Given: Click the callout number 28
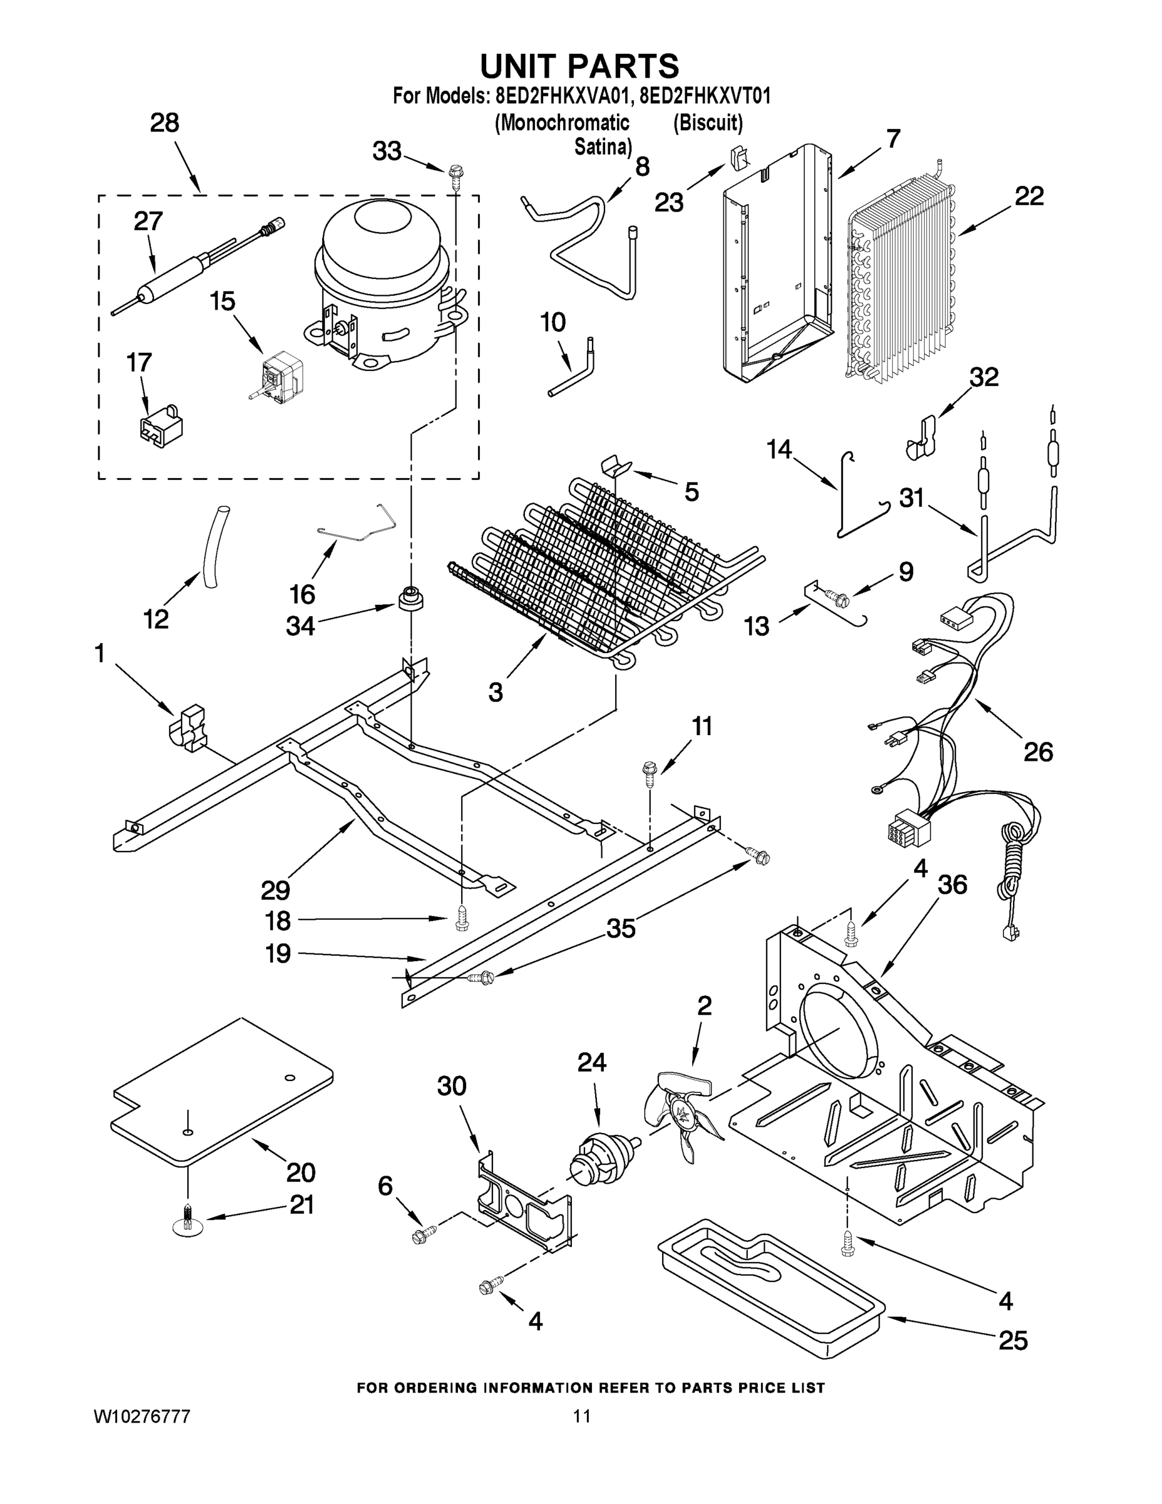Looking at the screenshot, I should (x=165, y=123).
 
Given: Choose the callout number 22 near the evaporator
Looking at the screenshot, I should (x=1029, y=196).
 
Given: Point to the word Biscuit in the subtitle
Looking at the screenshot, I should (x=708, y=123).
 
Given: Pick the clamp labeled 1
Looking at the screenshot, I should (x=188, y=727).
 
